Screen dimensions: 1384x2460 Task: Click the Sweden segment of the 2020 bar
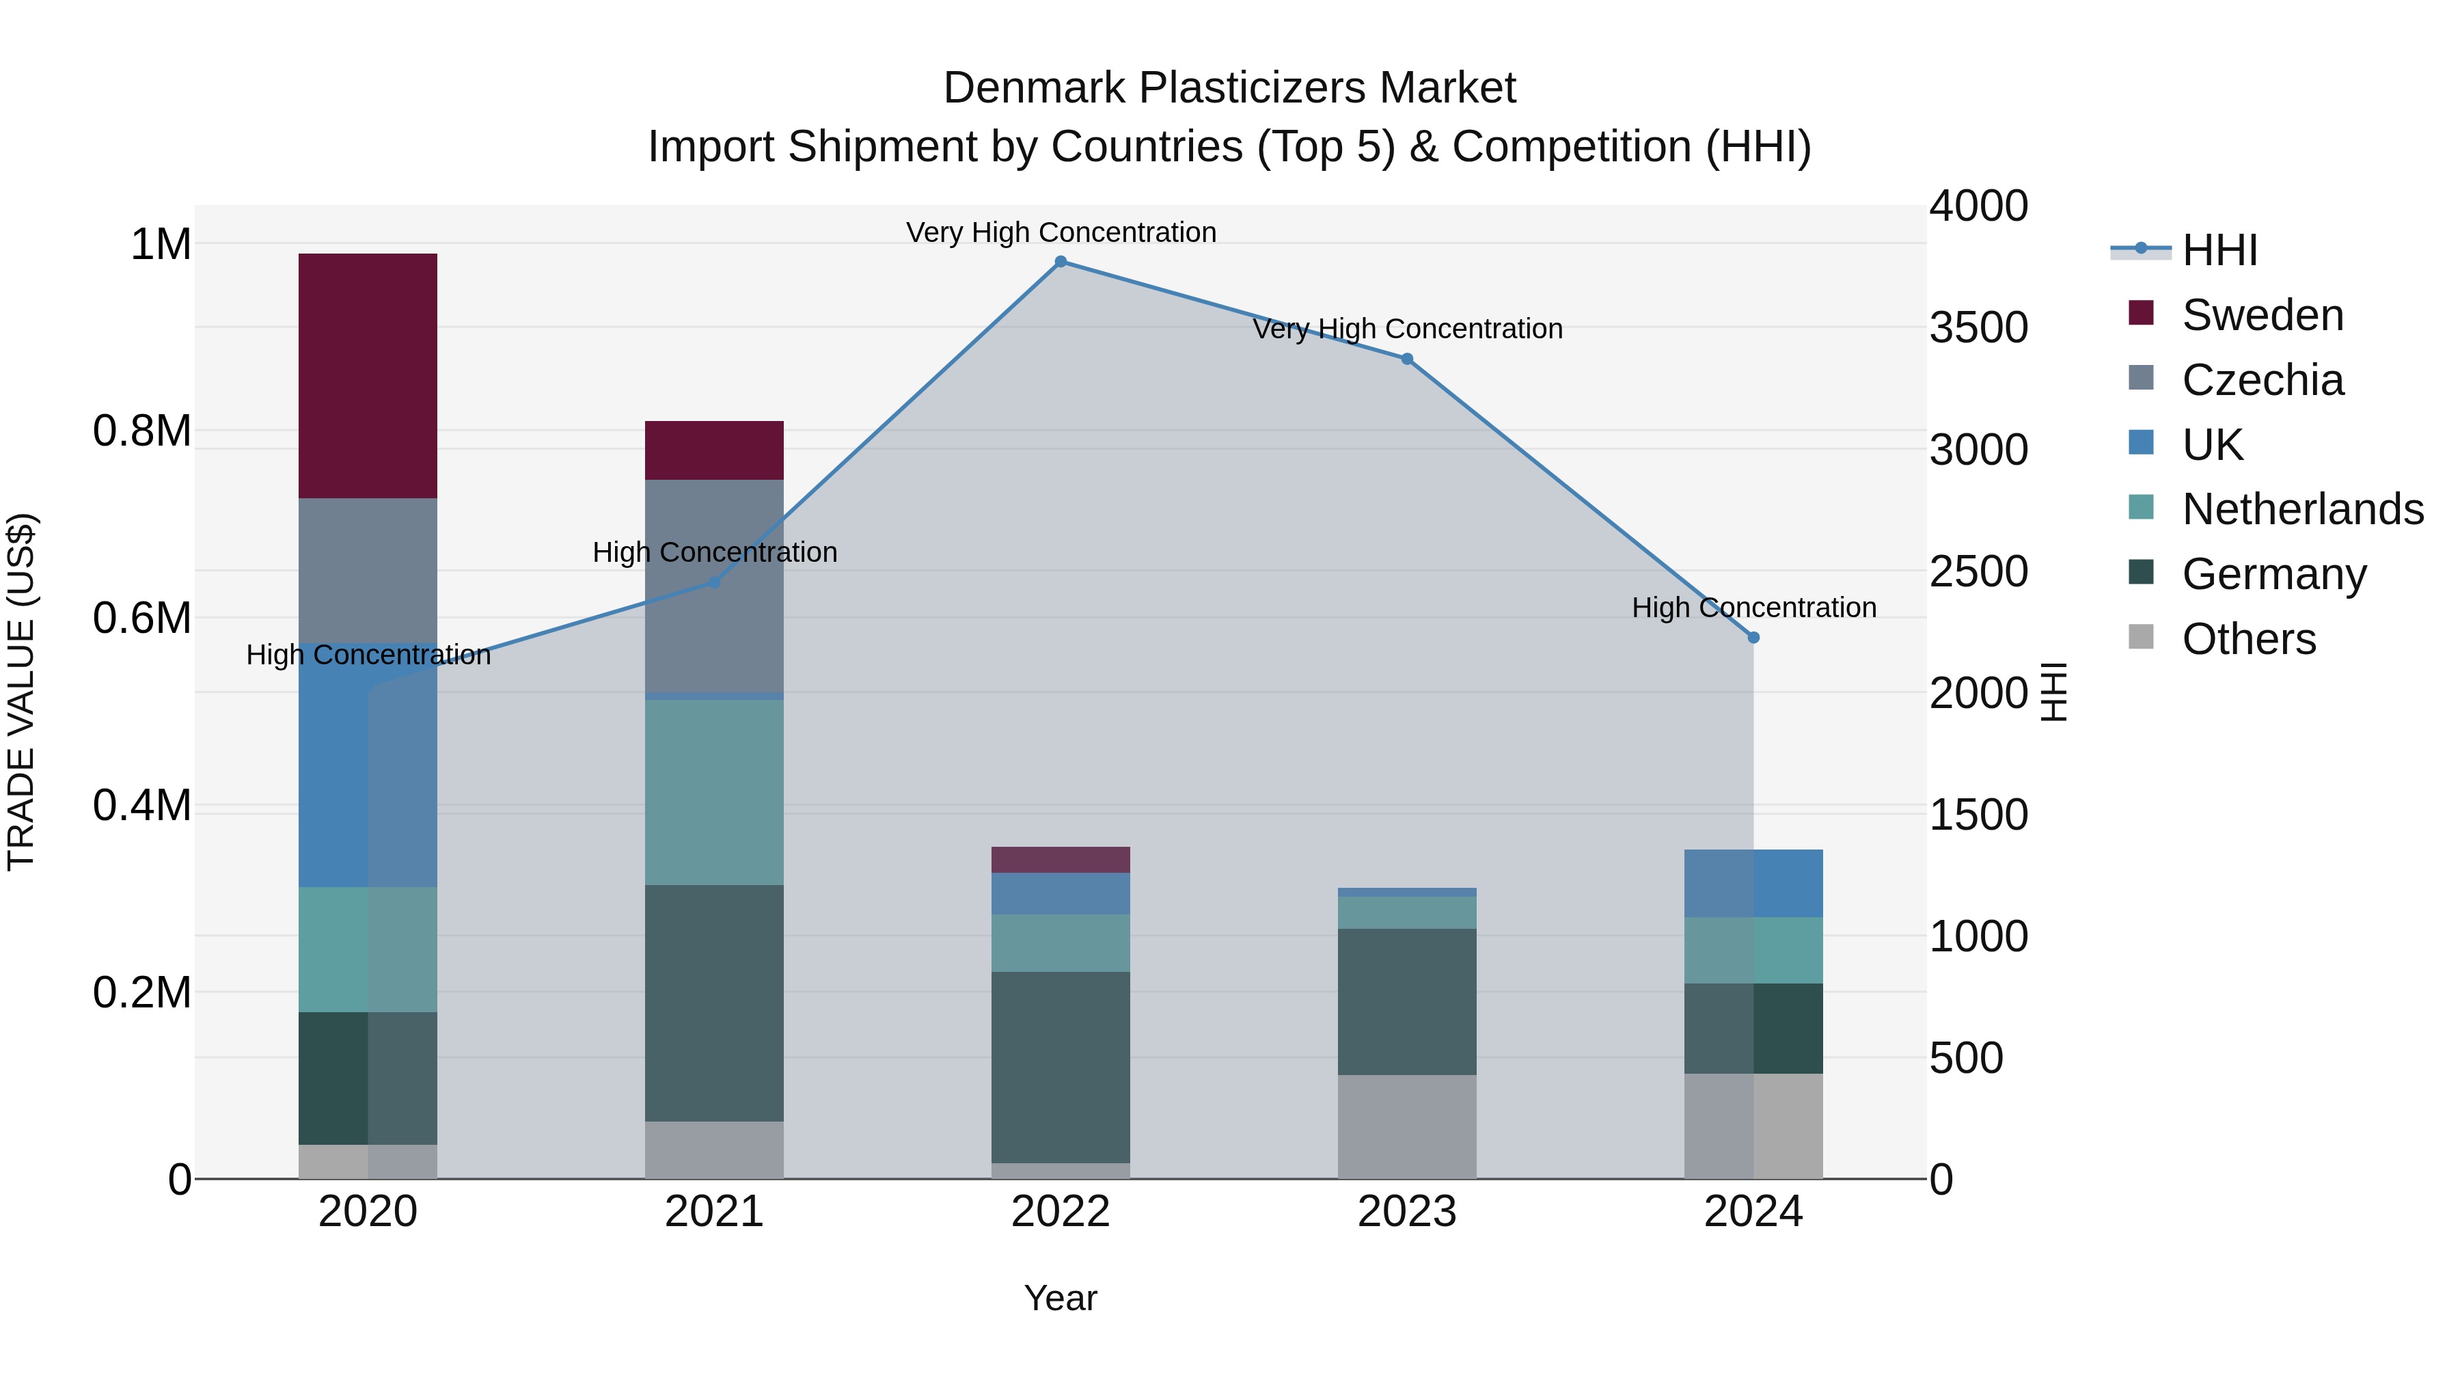pyautogui.click(x=368, y=375)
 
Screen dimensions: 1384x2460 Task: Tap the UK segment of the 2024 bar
pyautogui.click(x=1753, y=884)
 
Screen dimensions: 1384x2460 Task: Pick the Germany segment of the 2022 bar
pyautogui.click(x=1060, y=1067)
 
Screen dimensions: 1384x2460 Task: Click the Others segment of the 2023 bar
pyautogui.click(x=1407, y=1127)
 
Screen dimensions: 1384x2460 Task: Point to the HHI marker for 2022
pyautogui.click(x=1060, y=262)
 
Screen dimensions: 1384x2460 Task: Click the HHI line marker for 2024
pyautogui.click(x=1753, y=637)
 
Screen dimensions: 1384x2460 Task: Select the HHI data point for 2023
pyautogui.click(x=1407, y=359)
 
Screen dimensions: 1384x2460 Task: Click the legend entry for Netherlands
pyautogui.click(x=2301, y=509)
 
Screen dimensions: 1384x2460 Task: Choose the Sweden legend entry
pyautogui.click(x=2261, y=315)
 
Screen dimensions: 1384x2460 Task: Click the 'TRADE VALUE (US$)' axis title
pyautogui.click(x=22, y=692)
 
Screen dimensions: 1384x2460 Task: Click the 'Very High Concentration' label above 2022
pyautogui.click(x=1060, y=232)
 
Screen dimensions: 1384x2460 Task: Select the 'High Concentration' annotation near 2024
pyautogui.click(x=1753, y=608)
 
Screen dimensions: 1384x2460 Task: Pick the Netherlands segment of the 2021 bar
pyautogui.click(x=714, y=793)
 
